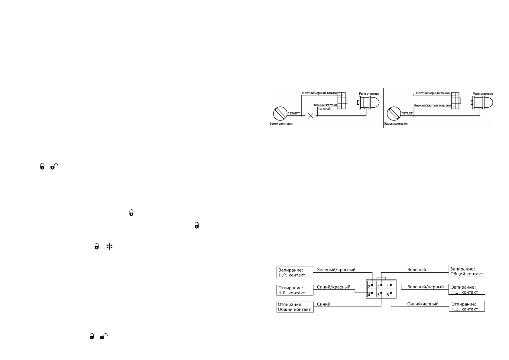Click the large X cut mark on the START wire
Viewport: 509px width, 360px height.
(310, 116)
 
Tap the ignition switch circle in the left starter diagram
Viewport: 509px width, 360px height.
(280, 113)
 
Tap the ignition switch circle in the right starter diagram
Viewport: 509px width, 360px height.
(394, 113)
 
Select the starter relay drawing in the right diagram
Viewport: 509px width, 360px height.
(481, 103)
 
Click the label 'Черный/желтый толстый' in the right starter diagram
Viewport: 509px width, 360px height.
(432, 105)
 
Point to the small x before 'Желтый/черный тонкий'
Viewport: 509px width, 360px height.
(413, 95)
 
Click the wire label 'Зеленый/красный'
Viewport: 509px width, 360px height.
(336, 270)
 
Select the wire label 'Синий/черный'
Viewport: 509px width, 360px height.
(423, 304)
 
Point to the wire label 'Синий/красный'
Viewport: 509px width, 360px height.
(333, 287)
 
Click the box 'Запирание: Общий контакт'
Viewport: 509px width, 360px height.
(466, 271)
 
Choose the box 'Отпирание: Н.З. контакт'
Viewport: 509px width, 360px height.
(466, 306)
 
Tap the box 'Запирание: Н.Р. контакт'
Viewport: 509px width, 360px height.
(295, 272)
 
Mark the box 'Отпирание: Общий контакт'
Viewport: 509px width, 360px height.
(295, 307)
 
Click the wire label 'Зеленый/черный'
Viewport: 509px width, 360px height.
(425, 287)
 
